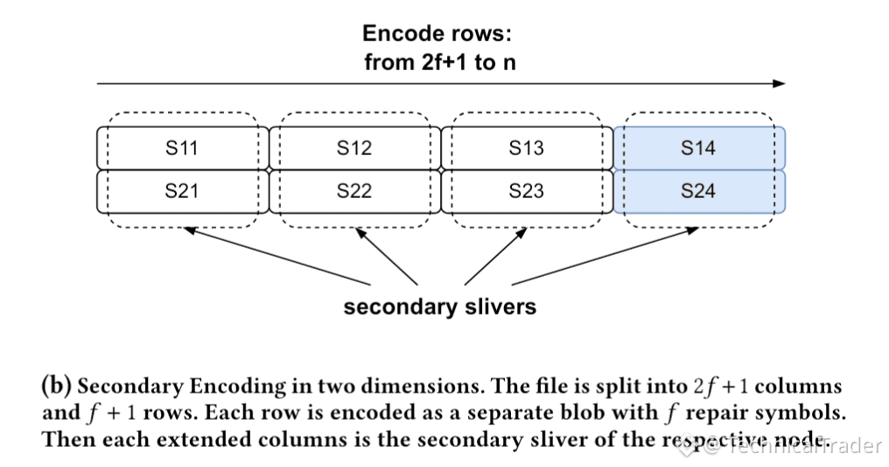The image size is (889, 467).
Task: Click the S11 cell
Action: coord(182,148)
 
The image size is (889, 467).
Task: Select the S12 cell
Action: coord(354,148)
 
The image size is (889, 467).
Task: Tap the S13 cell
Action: coord(526,148)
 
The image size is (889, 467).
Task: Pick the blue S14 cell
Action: coord(698,148)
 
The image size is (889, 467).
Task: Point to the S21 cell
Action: coord(182,191)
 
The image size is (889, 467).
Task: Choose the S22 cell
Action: coord(354,191)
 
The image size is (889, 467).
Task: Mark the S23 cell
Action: coord(526,191)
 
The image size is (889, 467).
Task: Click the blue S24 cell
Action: coord(698,191)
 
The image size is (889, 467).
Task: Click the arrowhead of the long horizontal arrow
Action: coord(780,84)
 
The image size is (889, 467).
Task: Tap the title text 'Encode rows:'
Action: coord(437,34)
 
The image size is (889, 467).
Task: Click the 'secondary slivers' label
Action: coord(439,308)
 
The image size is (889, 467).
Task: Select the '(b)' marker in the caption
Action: coord(57,386)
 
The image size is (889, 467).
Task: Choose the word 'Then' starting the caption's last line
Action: coord(67,439)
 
